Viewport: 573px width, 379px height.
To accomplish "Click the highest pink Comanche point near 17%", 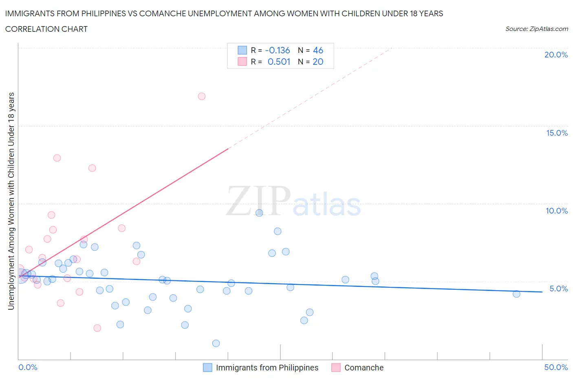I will (x=201, y=96).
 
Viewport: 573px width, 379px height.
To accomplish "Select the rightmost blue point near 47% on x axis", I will (x=516, y=294).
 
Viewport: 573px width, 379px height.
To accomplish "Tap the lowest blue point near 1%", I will (x=216, y=343).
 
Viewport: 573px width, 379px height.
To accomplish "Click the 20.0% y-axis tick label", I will (x=556, y=55).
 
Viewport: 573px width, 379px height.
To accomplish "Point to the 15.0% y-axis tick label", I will (x=557, y=133).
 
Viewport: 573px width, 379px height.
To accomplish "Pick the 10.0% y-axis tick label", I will (x=557, y=211).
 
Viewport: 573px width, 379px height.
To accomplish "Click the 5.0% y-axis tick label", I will (x=558, y=289).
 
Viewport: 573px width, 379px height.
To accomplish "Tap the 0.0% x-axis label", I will (x=28, y=367).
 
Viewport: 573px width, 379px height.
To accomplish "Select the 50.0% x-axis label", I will (x=556, y=367).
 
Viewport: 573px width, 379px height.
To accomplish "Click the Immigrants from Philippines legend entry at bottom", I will (x=267, y=368).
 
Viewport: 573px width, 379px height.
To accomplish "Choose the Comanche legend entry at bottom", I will (x=364, y=368).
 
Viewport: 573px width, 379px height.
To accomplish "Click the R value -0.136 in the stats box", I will (x=277, y=50).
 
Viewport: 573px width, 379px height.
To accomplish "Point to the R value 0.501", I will (x=279, y=62).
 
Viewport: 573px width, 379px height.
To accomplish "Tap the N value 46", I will (x=318, y=50).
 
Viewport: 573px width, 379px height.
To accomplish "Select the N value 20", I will (x=318, y=62).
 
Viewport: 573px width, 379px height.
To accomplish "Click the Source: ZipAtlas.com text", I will (x=536, y=29).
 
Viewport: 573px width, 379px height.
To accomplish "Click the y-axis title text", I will (x=11, y=201).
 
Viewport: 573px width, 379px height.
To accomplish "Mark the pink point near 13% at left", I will (x=57, y=158).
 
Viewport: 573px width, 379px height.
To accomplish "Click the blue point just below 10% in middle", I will (x=259, y=213).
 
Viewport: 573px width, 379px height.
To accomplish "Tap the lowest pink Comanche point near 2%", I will (x=97, y=328).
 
